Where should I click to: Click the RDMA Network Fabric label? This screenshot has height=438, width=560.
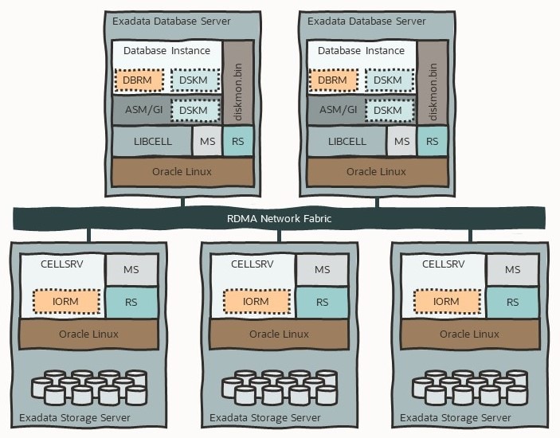click(279, 217)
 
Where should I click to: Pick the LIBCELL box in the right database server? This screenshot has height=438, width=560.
click(347, 141)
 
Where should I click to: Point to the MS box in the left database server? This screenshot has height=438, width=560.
click(207, 141)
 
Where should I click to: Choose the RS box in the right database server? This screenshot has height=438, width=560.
click(433, 141)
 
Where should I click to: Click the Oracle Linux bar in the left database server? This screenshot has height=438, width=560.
click(183, 171)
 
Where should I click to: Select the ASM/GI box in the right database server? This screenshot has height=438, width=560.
click(335, 110)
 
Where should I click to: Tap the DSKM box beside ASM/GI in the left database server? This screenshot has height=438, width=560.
click(193, 110)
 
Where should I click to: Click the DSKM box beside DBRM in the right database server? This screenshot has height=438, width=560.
click(387, 80)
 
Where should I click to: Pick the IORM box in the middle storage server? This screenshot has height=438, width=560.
click(257, 302)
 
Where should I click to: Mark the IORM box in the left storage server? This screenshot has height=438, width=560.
click(66, 302)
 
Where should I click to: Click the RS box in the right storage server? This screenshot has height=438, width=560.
click(513, 302)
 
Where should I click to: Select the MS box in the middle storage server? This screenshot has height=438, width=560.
click(322, 270)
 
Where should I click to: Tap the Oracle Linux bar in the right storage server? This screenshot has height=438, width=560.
click(469, 334)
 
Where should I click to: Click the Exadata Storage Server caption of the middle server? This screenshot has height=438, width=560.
click(265, 418)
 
